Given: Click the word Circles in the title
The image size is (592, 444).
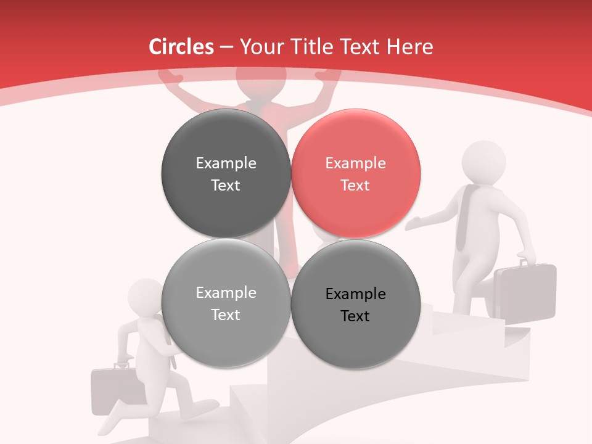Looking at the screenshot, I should tap(181, 47).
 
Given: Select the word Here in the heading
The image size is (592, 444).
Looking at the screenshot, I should tap(410, 47).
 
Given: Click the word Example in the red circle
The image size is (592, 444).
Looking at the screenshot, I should tap(355, 163).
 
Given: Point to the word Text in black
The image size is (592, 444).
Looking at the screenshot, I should tap(355, 316).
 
